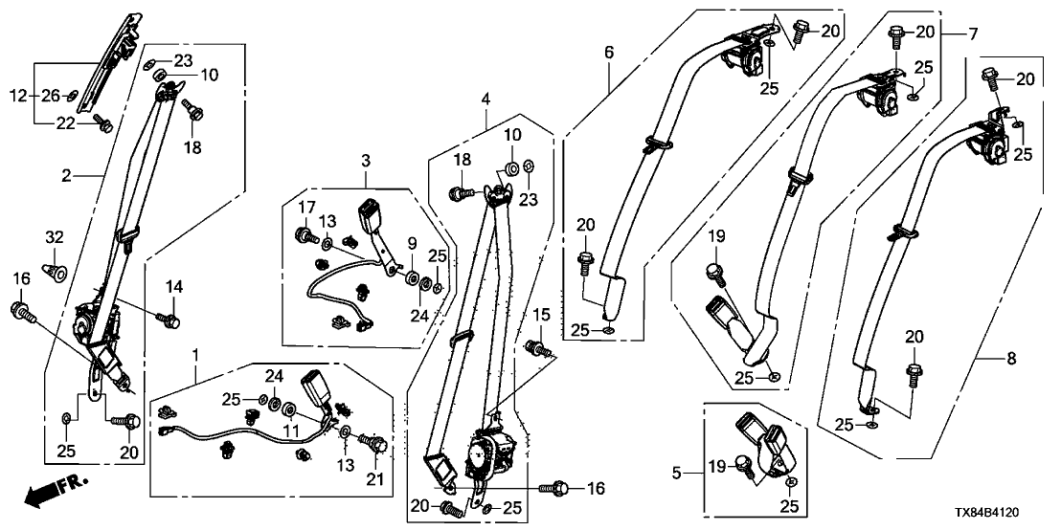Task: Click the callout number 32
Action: pos(55,236)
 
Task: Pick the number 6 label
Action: pos(609,53)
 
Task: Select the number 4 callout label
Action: pos(485,99)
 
